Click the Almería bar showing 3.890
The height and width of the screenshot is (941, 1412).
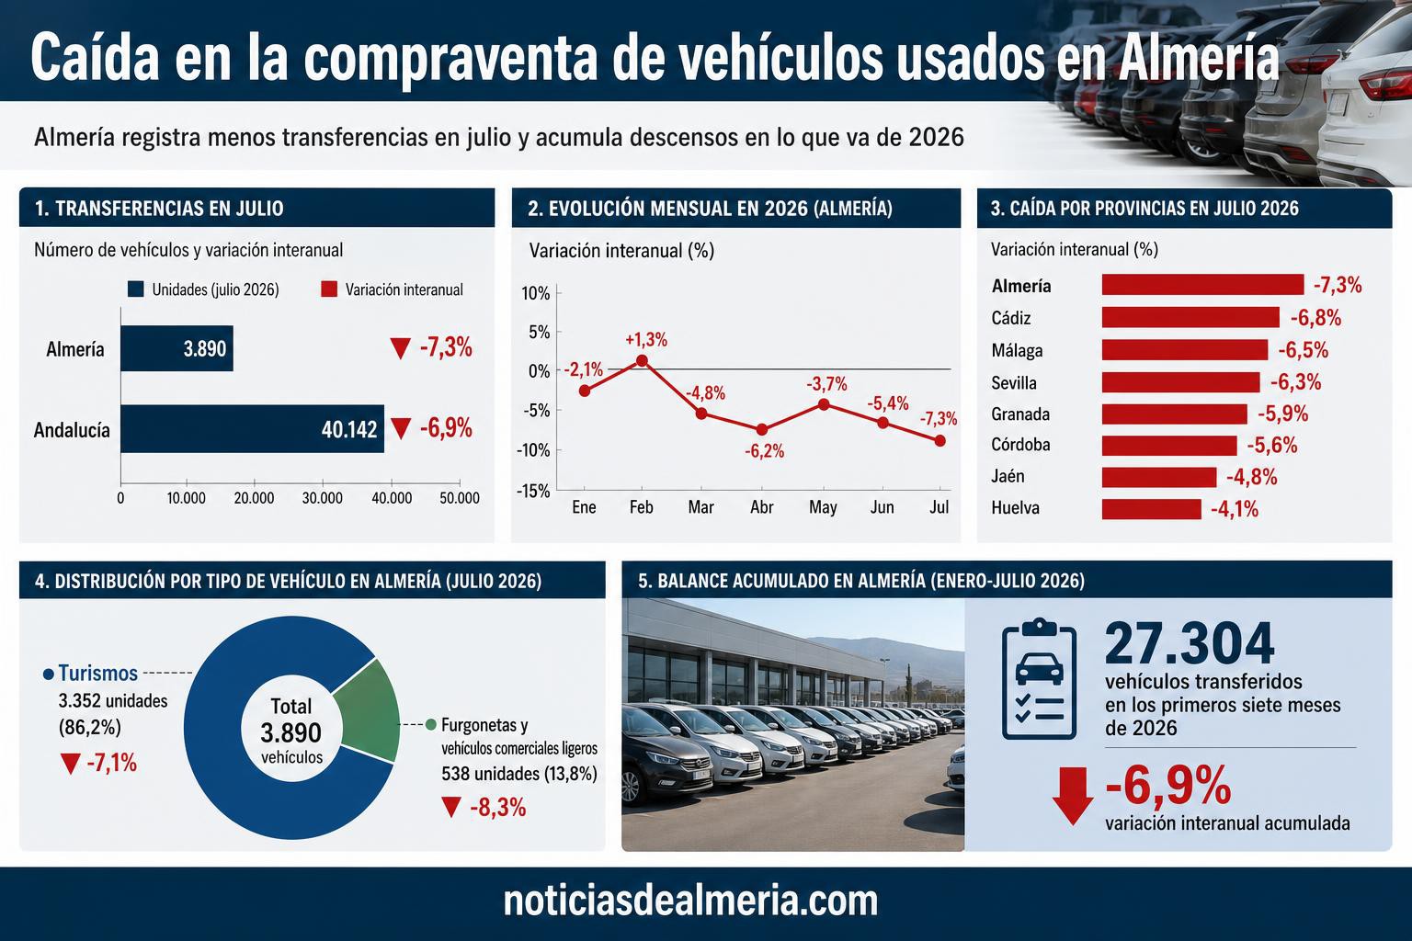tap(176, 348)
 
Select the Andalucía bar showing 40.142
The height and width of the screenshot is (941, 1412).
tap(252, 428)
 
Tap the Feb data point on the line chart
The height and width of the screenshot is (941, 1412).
tap(642, 360)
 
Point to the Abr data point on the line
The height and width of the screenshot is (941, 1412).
tap(761, 430)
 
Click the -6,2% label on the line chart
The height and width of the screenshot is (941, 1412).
tap(764, 451)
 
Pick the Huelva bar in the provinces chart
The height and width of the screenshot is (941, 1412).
tap(1152, 509)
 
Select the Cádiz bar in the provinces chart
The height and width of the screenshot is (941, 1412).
tap(1190, 317)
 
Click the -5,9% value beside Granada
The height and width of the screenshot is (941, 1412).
tap(1282, 414)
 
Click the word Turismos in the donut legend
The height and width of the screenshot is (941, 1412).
tap(97, 674)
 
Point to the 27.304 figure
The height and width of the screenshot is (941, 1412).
tap(1190, 643)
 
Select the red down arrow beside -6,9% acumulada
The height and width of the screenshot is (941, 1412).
tap(1072, 796)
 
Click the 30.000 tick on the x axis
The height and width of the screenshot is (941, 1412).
tap(322, 498)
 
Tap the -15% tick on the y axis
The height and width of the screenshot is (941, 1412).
tap(533, 491)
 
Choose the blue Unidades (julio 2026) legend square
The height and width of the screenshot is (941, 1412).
tap(135, 289)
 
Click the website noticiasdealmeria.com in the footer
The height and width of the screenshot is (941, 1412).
tap(690, 901)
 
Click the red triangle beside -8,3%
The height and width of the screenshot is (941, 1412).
tap(451, 808)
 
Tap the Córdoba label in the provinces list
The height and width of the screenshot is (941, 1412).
tap(1020, 445)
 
